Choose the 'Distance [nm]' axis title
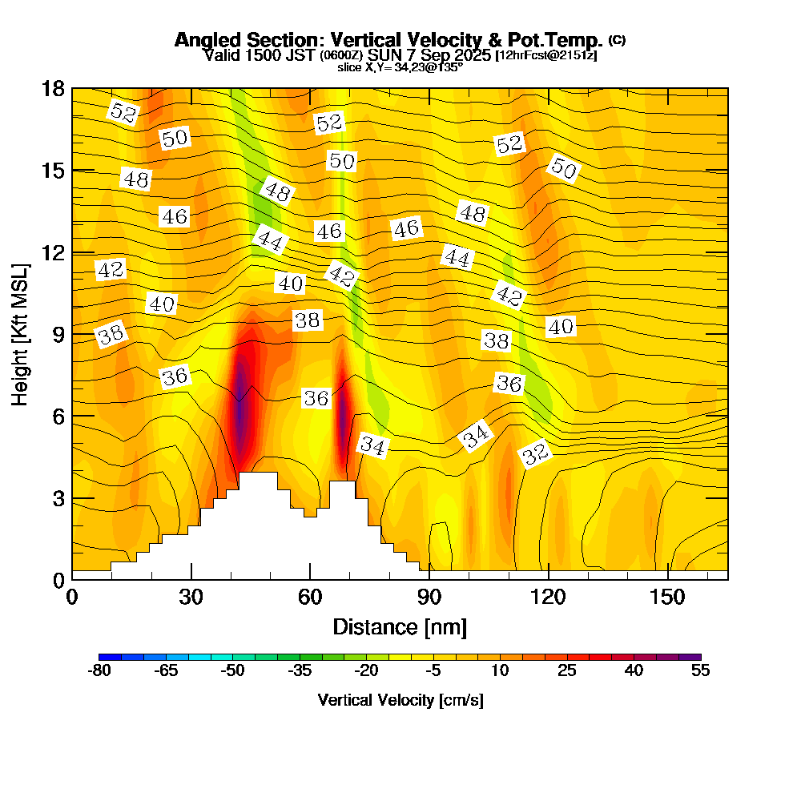pos(400,626)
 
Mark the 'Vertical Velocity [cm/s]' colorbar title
pos(400,700)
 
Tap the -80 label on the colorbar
pos(99,671)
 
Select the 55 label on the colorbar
pos(700,671)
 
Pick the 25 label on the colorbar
pos(566,671)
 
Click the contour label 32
pos(536,454)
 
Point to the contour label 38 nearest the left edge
pos(112,335)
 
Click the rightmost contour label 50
pos(563,169)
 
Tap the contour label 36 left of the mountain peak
pos(175,376)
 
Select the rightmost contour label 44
pos(457,257)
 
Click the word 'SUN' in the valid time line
pos(388,55)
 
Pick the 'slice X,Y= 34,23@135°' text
pos(400,68)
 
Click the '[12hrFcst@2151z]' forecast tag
pos(546,55)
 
